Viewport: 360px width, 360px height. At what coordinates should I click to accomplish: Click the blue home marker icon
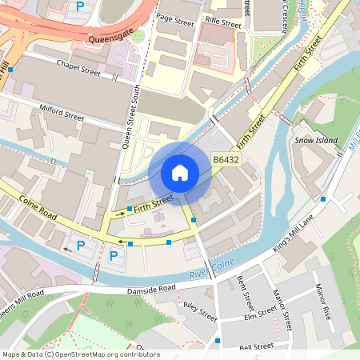coord(180,172)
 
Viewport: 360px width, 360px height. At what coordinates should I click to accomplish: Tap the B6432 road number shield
coord(226,162)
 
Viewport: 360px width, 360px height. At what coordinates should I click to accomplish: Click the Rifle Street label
coord(222,24)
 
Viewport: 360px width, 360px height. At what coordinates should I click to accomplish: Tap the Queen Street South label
coord(130,116)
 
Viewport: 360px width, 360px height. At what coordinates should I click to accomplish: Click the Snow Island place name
coord(316,141)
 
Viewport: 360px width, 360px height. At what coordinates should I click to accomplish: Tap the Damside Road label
coord(151,290)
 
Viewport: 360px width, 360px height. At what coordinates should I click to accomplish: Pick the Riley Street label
coord(200,310)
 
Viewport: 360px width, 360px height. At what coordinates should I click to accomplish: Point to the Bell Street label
coord(257,346)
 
